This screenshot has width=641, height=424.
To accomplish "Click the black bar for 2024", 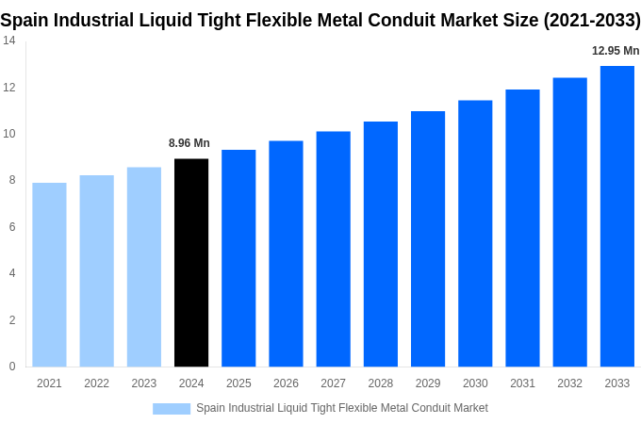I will point(191,263).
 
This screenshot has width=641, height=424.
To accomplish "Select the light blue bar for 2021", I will point(49,274).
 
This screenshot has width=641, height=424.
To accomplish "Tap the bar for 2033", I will point(616,216).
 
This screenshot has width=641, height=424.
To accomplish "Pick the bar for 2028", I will point(380,244).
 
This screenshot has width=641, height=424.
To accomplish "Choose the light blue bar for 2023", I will point(144,267).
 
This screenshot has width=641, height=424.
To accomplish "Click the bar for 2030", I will point(475,233).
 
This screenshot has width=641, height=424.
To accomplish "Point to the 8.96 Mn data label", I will point(189,143).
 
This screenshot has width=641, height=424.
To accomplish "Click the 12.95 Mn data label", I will point(616,51).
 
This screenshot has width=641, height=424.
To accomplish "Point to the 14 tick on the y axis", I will point(8,41).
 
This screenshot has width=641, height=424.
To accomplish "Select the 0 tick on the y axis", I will point(12,367).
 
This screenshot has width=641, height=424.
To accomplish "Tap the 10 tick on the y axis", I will point(8,134).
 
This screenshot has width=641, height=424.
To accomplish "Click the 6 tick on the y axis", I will point(12,227).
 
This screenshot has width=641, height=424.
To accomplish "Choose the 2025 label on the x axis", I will point(238,383).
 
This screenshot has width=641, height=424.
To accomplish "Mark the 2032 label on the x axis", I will point(569,383).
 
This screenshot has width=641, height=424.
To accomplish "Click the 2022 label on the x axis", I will point(96,383).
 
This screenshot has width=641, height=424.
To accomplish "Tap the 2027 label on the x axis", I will point(333,383).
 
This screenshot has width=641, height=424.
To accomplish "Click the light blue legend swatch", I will point(172,408).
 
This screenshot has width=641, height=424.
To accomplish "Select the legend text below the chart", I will point(342,408).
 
